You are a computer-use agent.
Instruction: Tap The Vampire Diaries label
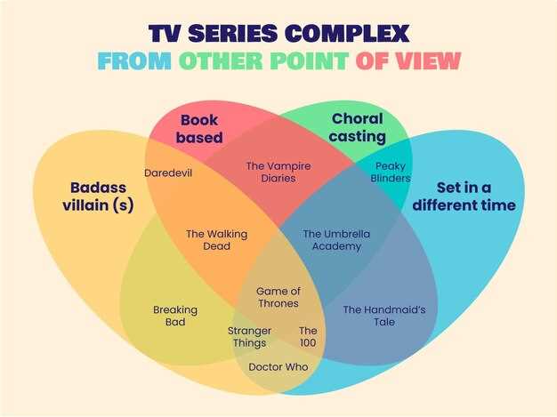(x=278, y=172)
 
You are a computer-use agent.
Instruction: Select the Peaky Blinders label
(x=391, y=172)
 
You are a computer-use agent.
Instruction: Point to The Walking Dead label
(x=216, y=240)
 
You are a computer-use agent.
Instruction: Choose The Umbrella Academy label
(x=336, y=240)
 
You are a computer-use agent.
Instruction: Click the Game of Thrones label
(x=278, y=297)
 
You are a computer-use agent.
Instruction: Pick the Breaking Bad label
(x=175, y=316)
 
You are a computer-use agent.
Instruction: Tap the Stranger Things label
(x=250, y=337)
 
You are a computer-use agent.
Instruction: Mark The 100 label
(x=308, y=337)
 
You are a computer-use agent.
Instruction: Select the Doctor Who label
(x=278, y=366)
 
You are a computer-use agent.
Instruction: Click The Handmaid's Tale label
(x=383, y=316)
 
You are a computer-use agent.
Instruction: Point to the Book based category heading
(x=199, y=128)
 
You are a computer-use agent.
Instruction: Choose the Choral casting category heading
(x=357, y=127)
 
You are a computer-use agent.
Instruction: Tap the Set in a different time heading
(x=464, y=196)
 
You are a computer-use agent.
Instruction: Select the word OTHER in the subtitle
(x=220, y=61)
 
